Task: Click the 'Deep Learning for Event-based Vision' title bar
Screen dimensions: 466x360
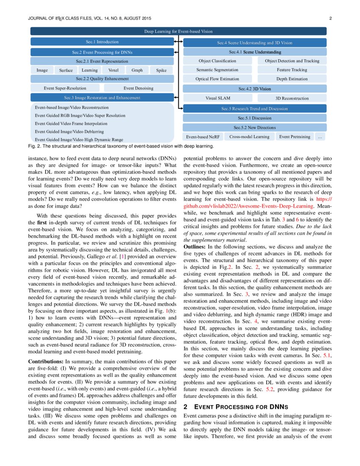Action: [x=178, y=31]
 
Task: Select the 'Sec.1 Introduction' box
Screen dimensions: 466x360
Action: [x=102, y=42]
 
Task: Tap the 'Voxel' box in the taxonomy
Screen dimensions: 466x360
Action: [x=114, y=70]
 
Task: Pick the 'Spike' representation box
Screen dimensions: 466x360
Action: [x=161, y=70]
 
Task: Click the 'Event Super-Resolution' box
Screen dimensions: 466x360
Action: [x=65, y=88]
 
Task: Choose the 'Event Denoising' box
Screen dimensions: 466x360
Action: [x=138, y=88]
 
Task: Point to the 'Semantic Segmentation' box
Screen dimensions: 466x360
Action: [x=217, y=70]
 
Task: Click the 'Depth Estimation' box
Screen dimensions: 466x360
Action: [x=292, y=79]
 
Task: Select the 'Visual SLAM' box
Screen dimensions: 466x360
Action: [x=218, y=98]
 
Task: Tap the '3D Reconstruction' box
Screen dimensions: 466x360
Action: [x=292, y=98]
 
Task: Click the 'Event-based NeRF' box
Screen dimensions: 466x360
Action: [x=203, y=137]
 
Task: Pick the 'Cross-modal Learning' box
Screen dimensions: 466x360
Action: [x=249, y=137]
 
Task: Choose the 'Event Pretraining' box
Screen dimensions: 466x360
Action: [x=294, y=137]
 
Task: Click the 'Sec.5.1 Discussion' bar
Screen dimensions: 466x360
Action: [x=255, y=118]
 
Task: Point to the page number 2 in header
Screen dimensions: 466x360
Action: [x=330, y=18]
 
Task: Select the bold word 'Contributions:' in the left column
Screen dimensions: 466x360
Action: [x=45, y=362]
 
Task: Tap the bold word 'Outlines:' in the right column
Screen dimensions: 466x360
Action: [x=195, y=246]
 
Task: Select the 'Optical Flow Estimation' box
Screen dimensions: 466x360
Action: [x=217, y=79]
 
